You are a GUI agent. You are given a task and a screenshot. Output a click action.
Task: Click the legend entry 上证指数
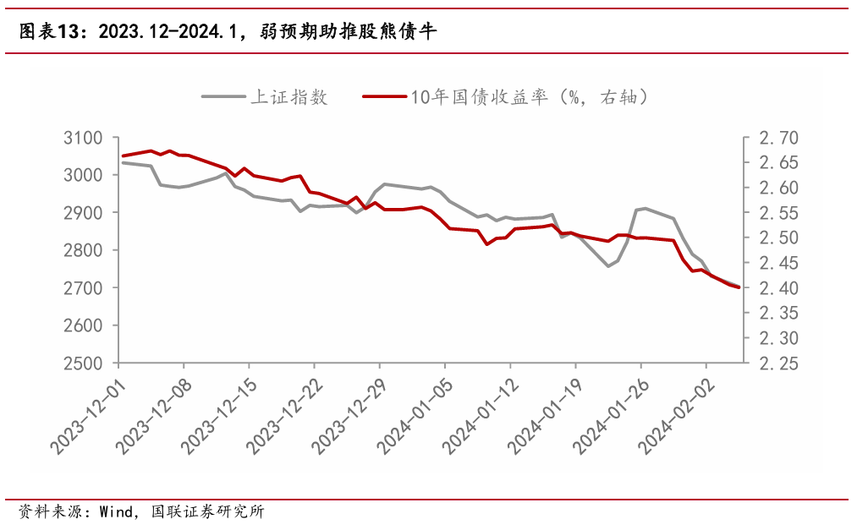[288, 96]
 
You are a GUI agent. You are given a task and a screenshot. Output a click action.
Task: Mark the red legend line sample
[382, 96]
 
